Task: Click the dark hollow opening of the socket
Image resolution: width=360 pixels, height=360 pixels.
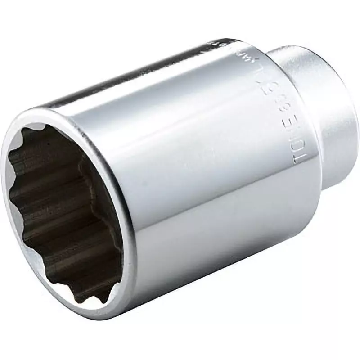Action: pyautogui.click(x=63, y=211)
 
